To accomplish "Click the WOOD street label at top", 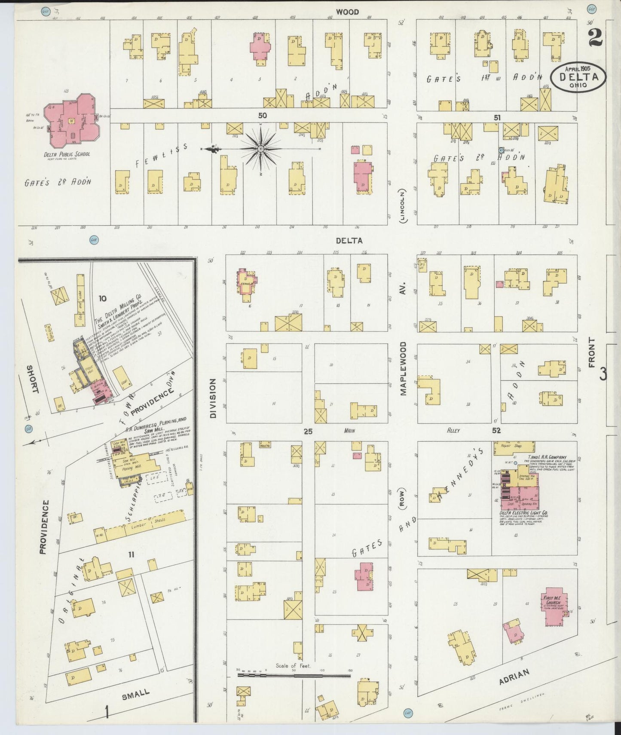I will pos(347,12).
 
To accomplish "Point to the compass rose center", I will pos(260,149).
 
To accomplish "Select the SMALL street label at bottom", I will pos(135,693).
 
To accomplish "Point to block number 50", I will pos(263,115).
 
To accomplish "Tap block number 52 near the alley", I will pos(496,430).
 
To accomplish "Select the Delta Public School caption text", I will pos(67,154).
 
